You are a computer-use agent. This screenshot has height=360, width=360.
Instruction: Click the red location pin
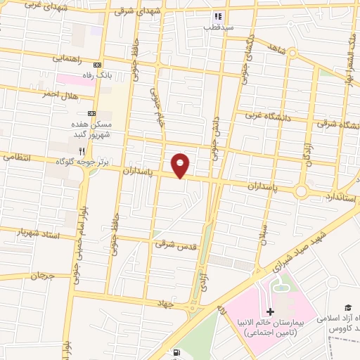coord(181,165)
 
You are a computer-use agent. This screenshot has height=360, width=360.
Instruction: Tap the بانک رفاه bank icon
coord(98,63)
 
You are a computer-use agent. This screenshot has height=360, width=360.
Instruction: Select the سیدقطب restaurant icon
coord(218,16)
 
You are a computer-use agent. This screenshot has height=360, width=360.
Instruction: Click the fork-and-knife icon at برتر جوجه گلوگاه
coord(82,150)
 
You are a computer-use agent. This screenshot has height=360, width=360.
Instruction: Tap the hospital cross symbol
coord(271,311)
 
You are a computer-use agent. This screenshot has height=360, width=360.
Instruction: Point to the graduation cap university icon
coord(347,307)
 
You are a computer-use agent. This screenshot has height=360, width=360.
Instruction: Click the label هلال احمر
coord(59,94)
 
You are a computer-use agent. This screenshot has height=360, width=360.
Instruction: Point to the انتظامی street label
coord(17,158)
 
